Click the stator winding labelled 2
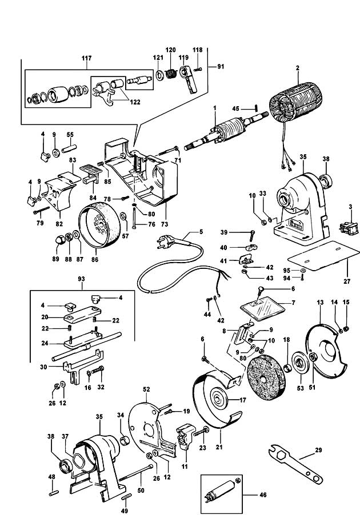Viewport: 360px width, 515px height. (294, 104)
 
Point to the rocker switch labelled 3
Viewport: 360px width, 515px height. (349, 227)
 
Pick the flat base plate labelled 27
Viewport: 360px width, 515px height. (323, 256)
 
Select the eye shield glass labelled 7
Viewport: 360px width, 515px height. (262, 308)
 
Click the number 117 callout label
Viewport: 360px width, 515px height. (86, 58)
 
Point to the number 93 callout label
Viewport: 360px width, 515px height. (81, 279)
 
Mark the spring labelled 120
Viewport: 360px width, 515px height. (170, 74)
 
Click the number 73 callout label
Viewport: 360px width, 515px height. (165, 224)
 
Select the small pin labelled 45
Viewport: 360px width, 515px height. (257, 108)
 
